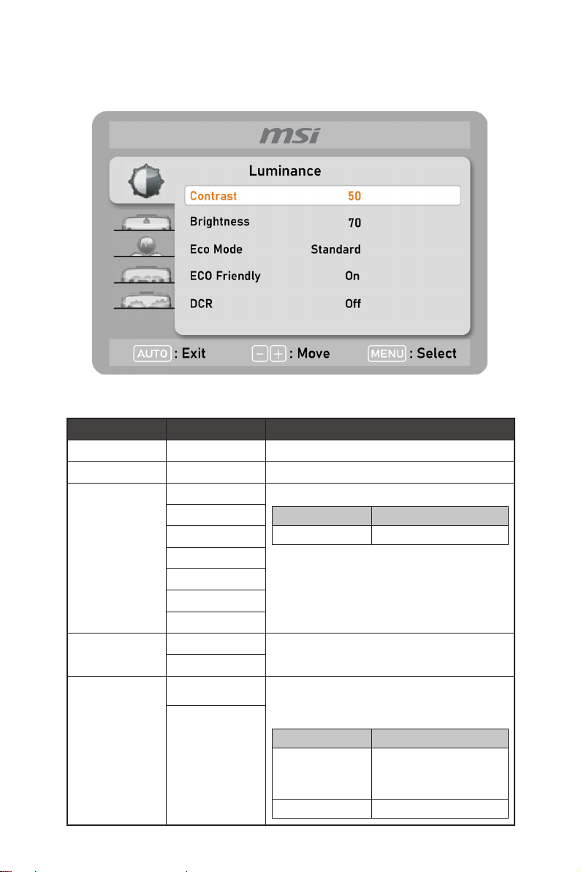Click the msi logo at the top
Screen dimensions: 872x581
coord(289,135)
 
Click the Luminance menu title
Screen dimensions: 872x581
coord(285,171)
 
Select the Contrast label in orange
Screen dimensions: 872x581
coord(213,196)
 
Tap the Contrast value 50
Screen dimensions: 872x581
coord(354,196)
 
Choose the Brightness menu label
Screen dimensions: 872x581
coord(219,222)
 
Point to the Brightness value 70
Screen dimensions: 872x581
coord(354,222)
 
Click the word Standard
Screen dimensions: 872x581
coord(335,249)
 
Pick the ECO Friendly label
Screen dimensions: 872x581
coord(225,276)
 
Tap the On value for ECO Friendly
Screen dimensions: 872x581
coord(353,277)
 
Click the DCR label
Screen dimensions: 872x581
coord(201,303)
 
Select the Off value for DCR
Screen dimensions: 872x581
coord(353,304)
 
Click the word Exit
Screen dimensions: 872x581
coord(194,353)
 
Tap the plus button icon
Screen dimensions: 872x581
coord(277,354)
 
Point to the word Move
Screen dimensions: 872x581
coord(314,353)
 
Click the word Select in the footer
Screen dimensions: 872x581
coord(437,353)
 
